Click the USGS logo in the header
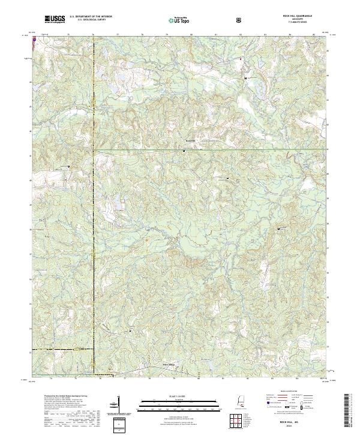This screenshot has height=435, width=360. [x=54, y=19]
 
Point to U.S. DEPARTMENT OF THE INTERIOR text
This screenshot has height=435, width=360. [x=91, y=16]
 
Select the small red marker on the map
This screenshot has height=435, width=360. [x=242, y=59]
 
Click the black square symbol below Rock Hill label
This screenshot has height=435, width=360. [x=183, y=151]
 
